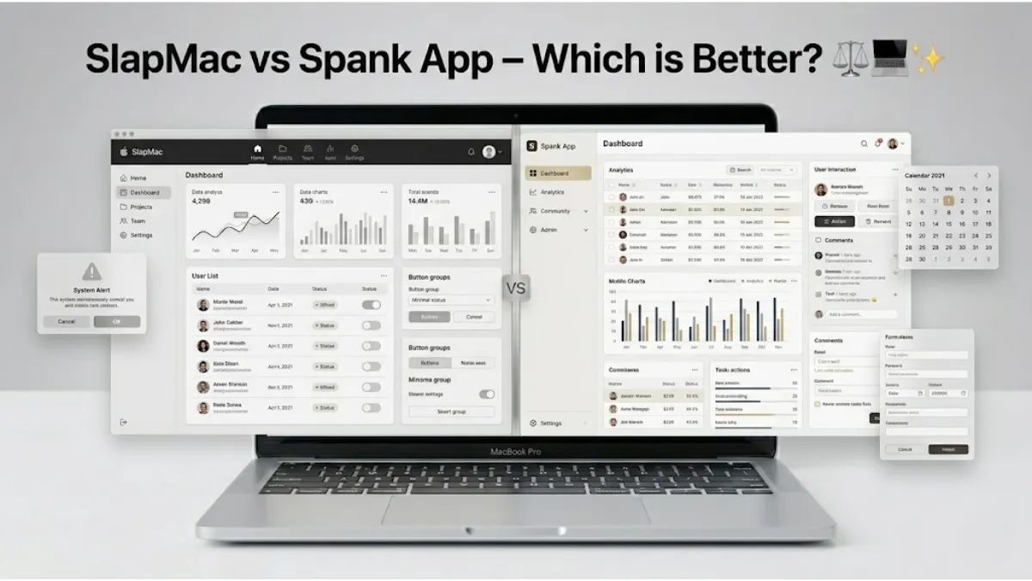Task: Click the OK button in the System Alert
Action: tap(117, 321)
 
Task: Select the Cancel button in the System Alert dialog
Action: tap(66, 321)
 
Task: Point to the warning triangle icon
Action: tap(91, 272)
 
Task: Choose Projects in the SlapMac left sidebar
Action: tap(142, 207)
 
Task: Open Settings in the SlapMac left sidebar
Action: tap(141, 235)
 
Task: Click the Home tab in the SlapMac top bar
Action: tap(257, 152)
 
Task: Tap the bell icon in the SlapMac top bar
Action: tap(470, 151)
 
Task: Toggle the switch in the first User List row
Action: tap(372, 305)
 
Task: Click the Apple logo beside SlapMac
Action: tap(123, 152)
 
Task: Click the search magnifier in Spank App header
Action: tap(864, 144)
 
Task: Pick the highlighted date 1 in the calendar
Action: tap(948, 201)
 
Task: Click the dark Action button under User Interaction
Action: tap(834, 221)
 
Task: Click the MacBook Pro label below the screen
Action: tap(516, 451)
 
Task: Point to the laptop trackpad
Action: tap(515, 510)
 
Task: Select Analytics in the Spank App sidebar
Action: tap(552, 192)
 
